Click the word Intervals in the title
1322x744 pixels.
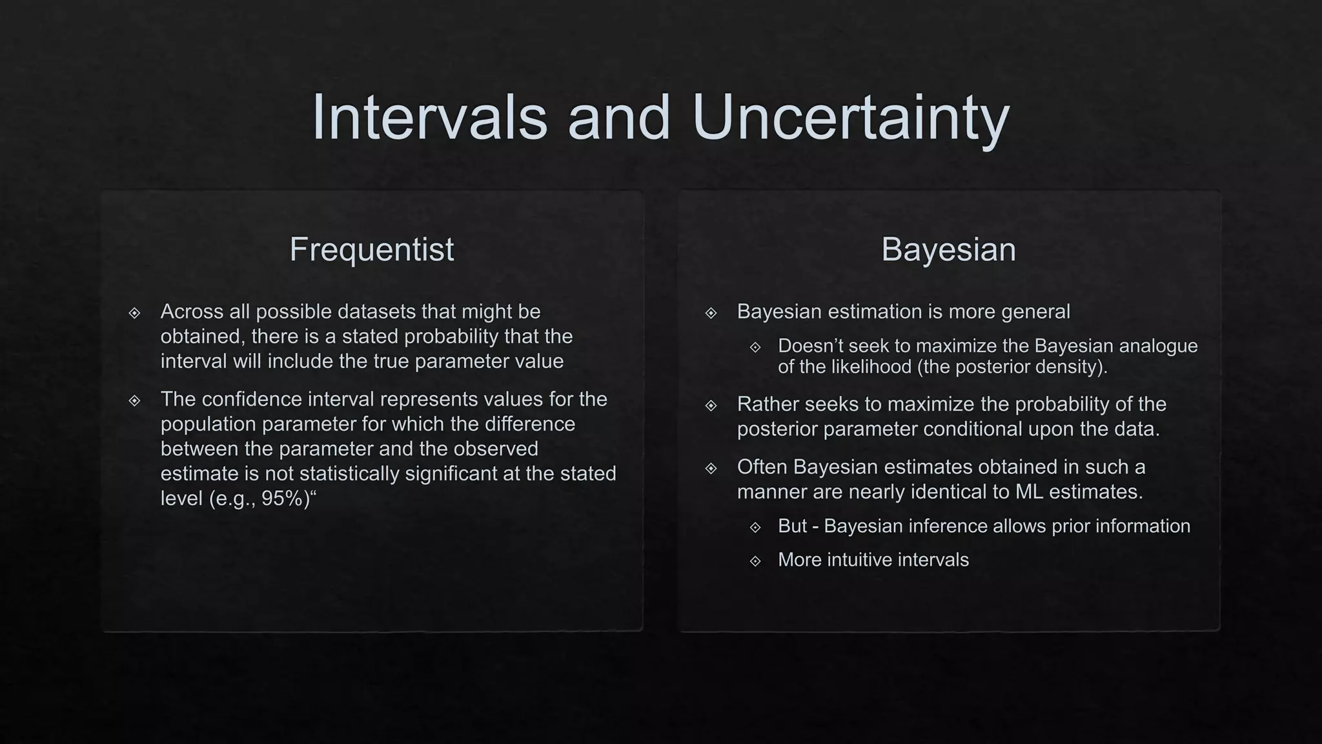pyautogui.click(x=429, y=118)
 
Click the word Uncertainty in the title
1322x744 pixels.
pyautogui.click(x=850, y=118)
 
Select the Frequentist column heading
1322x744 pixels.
pyautogui.click(x=371, y=249)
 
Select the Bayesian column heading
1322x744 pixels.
pyautogui.click(x=948, y=249)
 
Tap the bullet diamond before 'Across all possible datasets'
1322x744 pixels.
pyautogui.click(x=134, y=313)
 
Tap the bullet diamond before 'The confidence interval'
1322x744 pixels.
pyautogui.click(x=134, y=401)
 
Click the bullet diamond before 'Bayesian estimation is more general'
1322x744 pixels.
pyautogui.click(x=711, y=313)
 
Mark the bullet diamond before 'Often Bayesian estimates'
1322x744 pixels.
pyautogui.click(x=711, y=468)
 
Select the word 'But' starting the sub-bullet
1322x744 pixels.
pyautogui.click(x=792, y=526)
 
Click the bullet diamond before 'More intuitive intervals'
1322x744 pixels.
pyautogui.click(x=755, y=561)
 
